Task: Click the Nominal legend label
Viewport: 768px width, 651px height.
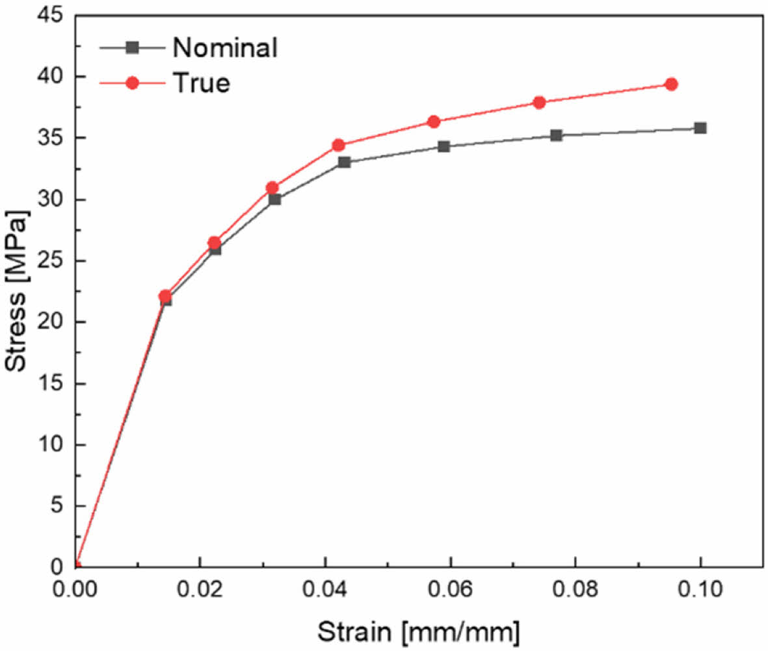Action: (x=225, y=48)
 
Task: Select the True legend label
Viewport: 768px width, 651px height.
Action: (x=200, y=83)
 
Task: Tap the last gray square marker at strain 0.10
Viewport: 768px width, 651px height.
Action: (x=700, y=128)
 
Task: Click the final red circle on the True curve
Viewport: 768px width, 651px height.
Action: (x=671, y=84)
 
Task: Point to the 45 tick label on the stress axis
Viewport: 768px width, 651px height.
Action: (x=49, y=15)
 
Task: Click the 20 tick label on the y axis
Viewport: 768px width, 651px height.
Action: (x=49, y=322)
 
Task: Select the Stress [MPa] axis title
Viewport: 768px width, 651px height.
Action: (x=17, y=291)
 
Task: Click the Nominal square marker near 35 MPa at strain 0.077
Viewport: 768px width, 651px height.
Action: (x=556, y=135)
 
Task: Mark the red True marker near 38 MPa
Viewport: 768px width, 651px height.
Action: (x=539, y=102)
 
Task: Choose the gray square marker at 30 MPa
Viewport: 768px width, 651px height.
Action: (x=274, y=199)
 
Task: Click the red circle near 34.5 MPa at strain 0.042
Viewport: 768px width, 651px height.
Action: (x=338, y=145)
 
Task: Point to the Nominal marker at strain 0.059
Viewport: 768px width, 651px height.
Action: (x=444, y=146)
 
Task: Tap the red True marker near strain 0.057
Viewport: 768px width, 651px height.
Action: (x=434, y=121)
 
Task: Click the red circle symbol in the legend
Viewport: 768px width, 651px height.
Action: (x=132, y=83)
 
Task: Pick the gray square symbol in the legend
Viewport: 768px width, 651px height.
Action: (x=132, y=47)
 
